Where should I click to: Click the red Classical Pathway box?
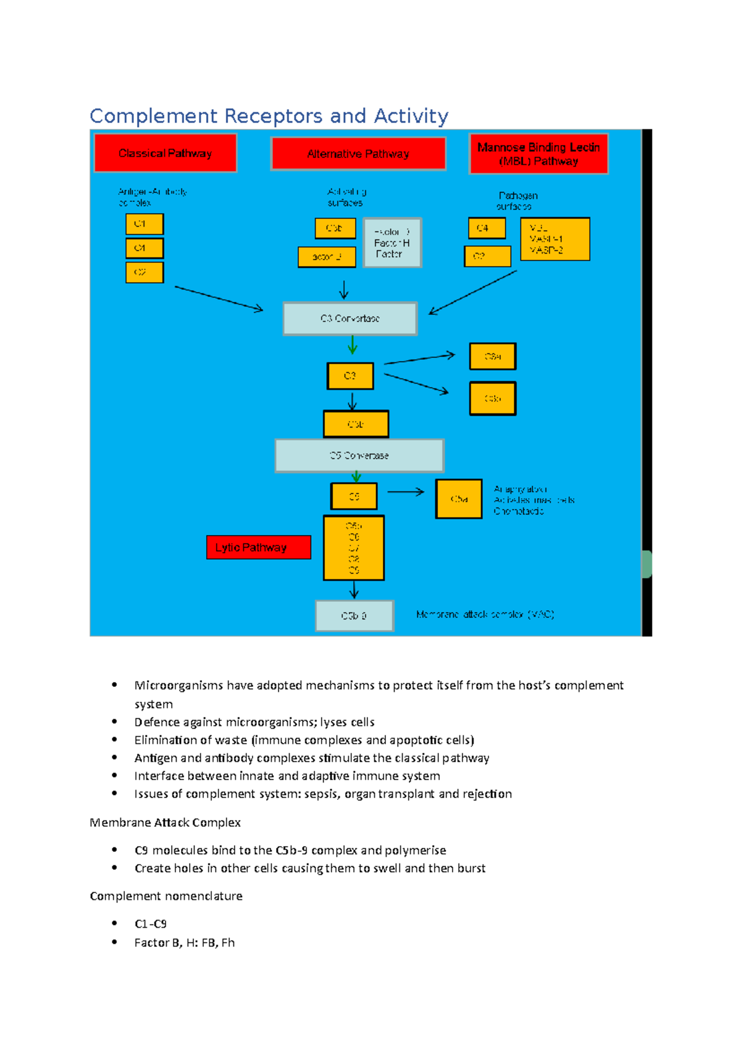tap(165, 153)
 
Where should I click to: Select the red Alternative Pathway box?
tap(358, 154)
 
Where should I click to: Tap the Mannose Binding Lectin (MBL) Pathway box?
tap(538, 154)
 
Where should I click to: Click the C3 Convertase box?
tap(350, 318)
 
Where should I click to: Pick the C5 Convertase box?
tap(359, 455)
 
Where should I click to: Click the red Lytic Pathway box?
tap(258, 547)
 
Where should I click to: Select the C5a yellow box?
tap(459, 499)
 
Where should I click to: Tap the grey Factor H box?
tap(392, 243)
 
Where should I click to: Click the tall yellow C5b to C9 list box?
tap(354, 548)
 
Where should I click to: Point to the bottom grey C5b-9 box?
tap(354, 615)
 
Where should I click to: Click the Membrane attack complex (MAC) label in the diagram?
tap(485, 614)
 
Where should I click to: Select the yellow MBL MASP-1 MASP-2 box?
tap(555, 239)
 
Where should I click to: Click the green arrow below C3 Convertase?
tap(352, 345)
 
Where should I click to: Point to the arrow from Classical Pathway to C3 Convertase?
tap(219, 298)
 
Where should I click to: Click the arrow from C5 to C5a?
tap(406, 492)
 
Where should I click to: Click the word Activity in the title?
tap(411, 116)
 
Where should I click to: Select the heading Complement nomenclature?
tap(166, 896)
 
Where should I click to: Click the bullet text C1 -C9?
tap(151, 924)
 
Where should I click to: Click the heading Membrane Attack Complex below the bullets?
tap(165, 822)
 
